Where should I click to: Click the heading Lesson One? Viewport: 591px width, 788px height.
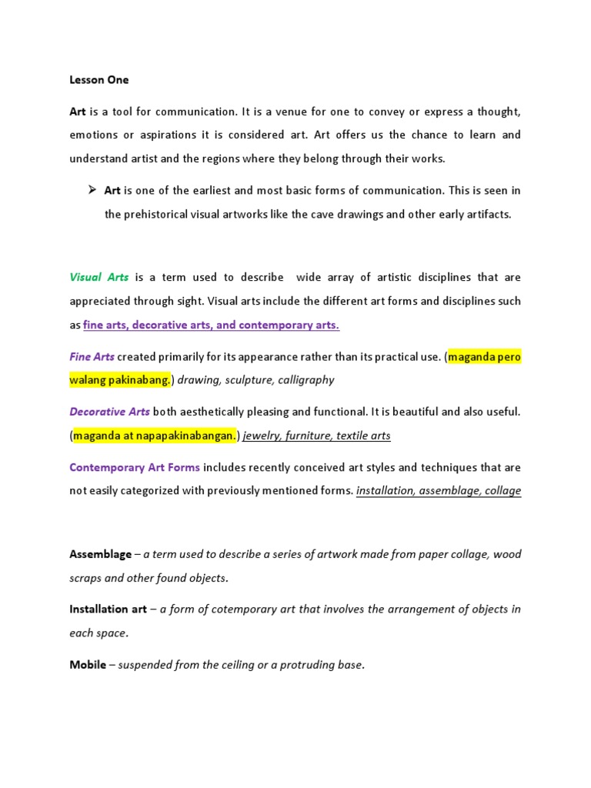(99, 80)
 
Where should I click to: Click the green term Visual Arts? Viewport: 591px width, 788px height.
(99, 277)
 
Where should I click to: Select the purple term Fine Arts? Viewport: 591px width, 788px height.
(92, 357)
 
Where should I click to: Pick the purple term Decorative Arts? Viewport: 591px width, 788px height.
(109, 412)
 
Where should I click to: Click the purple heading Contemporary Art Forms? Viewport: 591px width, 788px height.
(135, 467)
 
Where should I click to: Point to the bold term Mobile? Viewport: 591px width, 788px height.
(88, 665)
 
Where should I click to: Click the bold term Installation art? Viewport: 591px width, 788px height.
(108, 609)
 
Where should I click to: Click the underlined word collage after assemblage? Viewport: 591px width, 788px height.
(503, 491)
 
